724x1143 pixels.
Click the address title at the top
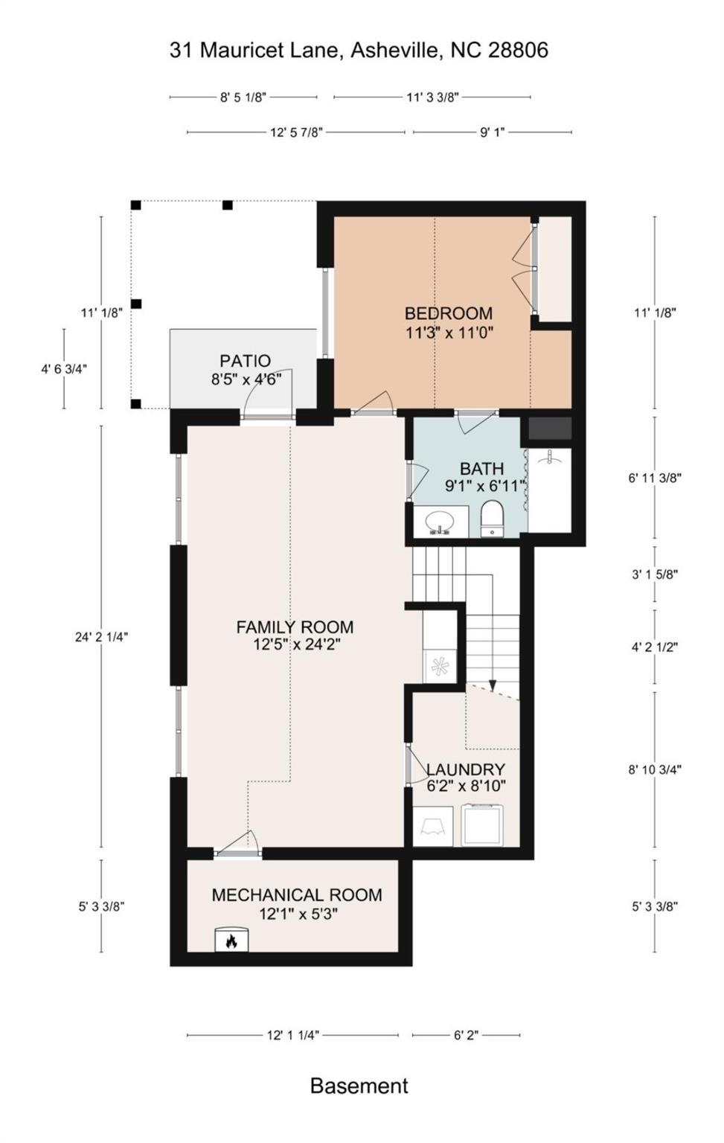tap(359, 50)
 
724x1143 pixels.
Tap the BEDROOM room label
tap(448, 313)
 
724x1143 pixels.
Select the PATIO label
tap(245, 361)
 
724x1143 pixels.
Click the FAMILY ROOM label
tap(295, 627)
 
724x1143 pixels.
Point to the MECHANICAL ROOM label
tap(297, 895)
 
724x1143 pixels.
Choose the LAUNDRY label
tap(466, 769)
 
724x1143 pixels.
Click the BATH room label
tap(481, 469)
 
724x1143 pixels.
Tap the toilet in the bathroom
tap(491, 519)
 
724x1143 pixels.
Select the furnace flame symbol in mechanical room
tap(231, 941)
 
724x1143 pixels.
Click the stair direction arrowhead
tap(493, 685)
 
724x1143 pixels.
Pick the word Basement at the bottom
tap(359, 1086)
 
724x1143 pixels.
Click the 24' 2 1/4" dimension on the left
tap(102, 637)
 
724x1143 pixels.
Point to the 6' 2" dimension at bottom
tap(466, 1035)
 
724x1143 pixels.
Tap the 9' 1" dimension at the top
tap(492, 132)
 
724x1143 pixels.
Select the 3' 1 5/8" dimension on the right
tap(655, 574)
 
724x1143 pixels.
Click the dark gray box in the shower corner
tap(550, 428)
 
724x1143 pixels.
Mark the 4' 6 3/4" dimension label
tap(64, 368)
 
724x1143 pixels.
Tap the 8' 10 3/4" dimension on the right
tap(655, 769)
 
